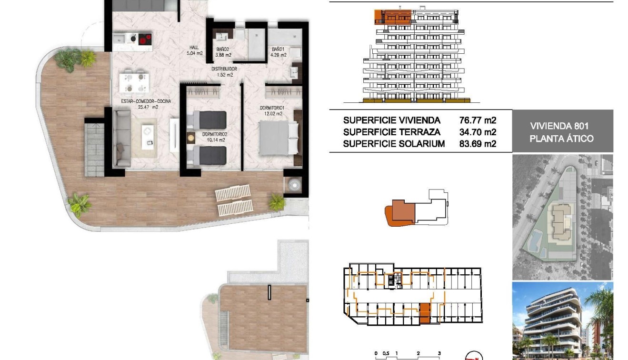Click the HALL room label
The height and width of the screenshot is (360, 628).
click(194, 47)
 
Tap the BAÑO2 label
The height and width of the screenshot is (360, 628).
click(223, 49)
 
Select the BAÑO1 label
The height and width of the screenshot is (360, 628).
click(279, 49)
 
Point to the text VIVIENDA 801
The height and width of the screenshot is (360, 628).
click(562, 126)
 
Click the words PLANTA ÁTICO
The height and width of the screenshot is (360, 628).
click(562, 139)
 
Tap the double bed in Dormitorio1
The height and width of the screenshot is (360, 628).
click(279, 138)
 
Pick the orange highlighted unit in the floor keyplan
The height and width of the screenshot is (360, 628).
click(424, 312)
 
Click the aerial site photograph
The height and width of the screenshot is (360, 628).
click(562, 217)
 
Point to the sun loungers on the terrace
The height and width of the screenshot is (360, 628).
click(234, 200)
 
